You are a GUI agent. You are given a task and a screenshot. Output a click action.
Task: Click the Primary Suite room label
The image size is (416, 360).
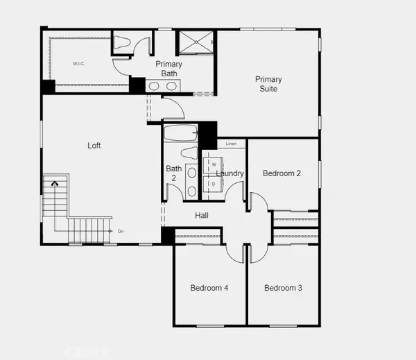pyautogui.click(x=268, y=84)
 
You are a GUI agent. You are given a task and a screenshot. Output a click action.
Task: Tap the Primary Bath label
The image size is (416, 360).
pyautogui.click(x=168, y=69)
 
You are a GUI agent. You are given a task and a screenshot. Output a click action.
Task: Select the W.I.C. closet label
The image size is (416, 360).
pyautogui.click(x=78, y=64)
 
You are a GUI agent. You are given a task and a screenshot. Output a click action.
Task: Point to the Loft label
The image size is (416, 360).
pyautogui.click(x=94, y=146)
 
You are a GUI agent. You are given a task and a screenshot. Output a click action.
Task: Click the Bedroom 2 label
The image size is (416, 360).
pyautogui.click(x=281, y=173)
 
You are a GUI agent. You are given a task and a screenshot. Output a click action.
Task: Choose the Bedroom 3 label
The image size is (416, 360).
pyautogui.click(x=283, y=288)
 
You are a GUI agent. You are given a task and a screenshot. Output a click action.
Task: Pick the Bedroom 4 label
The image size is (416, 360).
pyautogui.click(x=209, y=288)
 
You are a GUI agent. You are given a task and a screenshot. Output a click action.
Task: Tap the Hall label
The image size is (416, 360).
pyautogui.click(x=202, y=216)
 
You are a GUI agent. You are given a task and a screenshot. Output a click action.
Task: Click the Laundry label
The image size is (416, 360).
pyautogui.click(x=229, y=173)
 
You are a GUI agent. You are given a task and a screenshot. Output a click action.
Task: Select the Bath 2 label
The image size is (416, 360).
pyautogui.click(x=173, y=173)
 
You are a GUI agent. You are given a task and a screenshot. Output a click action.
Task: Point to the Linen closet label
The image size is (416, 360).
pyautogui.click(x=232, y=144)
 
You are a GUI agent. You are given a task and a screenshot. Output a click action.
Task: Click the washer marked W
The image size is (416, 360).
pyautogui.click(x=214, y=164)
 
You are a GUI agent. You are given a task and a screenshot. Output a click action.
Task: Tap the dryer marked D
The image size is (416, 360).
pyautogui.click(x=214, y=184)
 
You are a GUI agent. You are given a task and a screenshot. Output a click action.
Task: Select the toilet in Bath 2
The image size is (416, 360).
pyautogui.click(x=188, y=153)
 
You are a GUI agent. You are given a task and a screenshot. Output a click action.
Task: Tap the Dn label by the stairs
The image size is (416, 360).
pyautogui.click(x=121, y=231)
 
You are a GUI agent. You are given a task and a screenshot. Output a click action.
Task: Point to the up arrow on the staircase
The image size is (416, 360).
pyautogui.click(x=53, y=185)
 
